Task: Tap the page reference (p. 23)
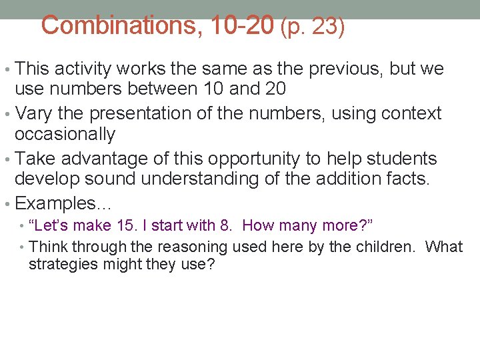(313, 27)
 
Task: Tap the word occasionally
(65, 134)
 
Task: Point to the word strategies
(60, 264)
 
